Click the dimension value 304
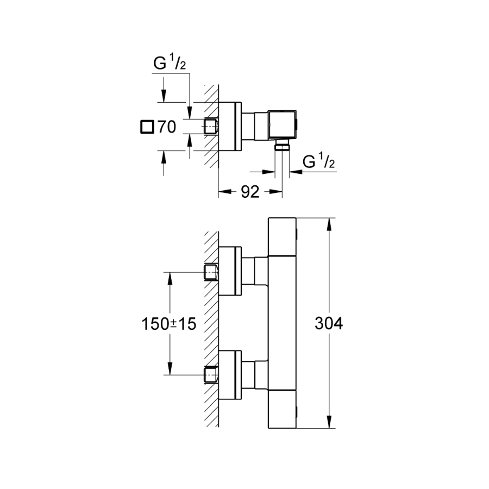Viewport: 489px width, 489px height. point(329,324)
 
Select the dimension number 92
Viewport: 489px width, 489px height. point(249,192)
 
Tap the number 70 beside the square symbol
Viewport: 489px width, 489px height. point(166,128)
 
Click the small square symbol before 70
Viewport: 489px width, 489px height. point(146,128)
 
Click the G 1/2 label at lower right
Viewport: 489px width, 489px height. point(318,161)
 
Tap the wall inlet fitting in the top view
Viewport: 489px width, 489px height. point(210,126)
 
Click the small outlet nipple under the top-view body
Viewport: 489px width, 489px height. point(282,147)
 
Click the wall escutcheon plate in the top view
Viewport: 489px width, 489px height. point(229,126)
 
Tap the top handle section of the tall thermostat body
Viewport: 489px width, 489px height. point(283,236)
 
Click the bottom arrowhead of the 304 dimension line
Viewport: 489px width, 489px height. point(329,423)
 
